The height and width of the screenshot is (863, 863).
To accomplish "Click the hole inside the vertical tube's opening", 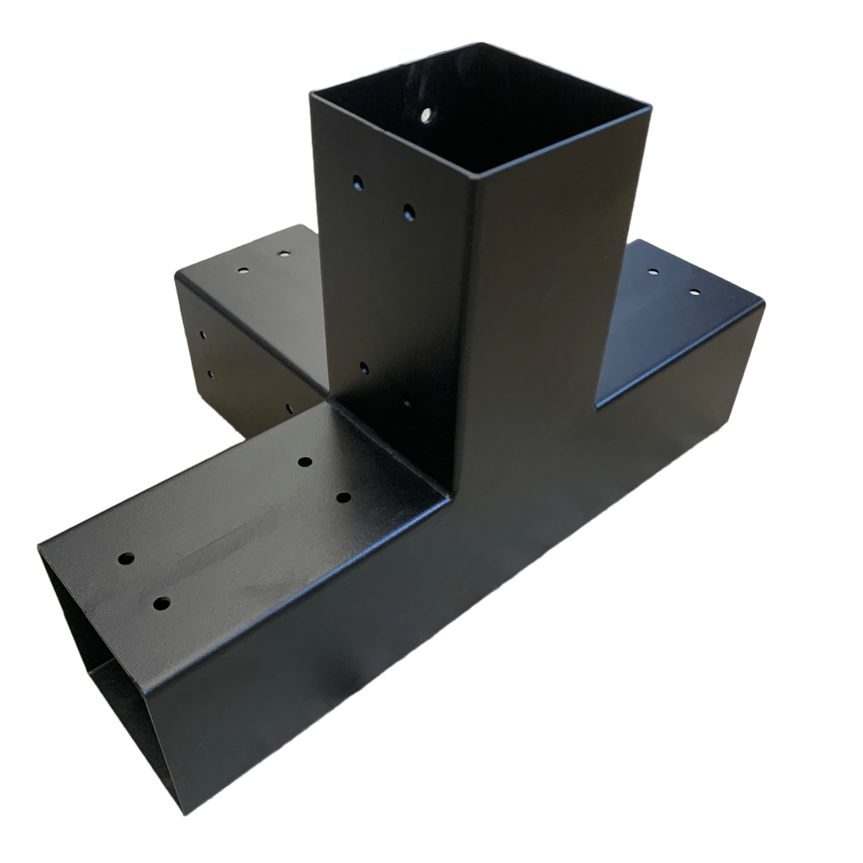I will tap(427, 115).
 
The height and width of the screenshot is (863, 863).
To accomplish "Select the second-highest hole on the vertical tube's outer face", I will tap(408, 212).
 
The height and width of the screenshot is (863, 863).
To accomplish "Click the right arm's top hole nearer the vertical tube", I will tap(654, 272).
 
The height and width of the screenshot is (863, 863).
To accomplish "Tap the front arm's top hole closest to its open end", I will tap(125, 559).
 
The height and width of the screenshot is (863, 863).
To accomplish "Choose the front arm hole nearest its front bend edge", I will tap(161, 603).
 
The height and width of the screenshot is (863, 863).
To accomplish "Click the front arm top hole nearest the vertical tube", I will tap(304, 462).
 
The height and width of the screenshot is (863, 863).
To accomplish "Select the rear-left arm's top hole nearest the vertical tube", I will tap(284, 254).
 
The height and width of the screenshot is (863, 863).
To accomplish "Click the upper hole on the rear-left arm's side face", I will tap(202, 335).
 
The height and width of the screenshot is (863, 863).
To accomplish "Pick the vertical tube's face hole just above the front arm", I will tap(364, 368).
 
